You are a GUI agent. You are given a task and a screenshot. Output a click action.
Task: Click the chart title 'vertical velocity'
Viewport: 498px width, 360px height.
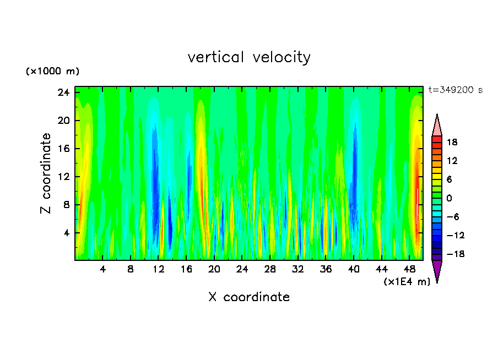249,57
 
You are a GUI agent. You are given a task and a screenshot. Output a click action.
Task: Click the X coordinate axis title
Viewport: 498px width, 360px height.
249,297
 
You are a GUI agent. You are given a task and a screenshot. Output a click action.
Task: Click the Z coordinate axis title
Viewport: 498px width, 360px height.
46,173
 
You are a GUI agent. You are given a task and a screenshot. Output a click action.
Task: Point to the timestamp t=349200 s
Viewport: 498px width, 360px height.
455,90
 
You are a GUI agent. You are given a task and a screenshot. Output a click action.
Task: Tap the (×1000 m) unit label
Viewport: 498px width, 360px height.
52,72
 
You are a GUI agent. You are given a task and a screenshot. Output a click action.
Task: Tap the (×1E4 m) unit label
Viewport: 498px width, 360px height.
407,282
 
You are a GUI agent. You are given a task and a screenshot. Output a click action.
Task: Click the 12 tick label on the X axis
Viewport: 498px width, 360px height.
158,270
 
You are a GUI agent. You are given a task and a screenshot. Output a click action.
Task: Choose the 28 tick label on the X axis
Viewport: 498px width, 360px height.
270,270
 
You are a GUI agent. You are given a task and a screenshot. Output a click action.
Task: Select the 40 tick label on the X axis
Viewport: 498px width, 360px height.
354,270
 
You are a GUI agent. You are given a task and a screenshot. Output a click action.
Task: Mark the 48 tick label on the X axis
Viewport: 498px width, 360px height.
409,270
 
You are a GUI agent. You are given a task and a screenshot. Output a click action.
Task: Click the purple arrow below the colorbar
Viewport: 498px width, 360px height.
437,271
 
